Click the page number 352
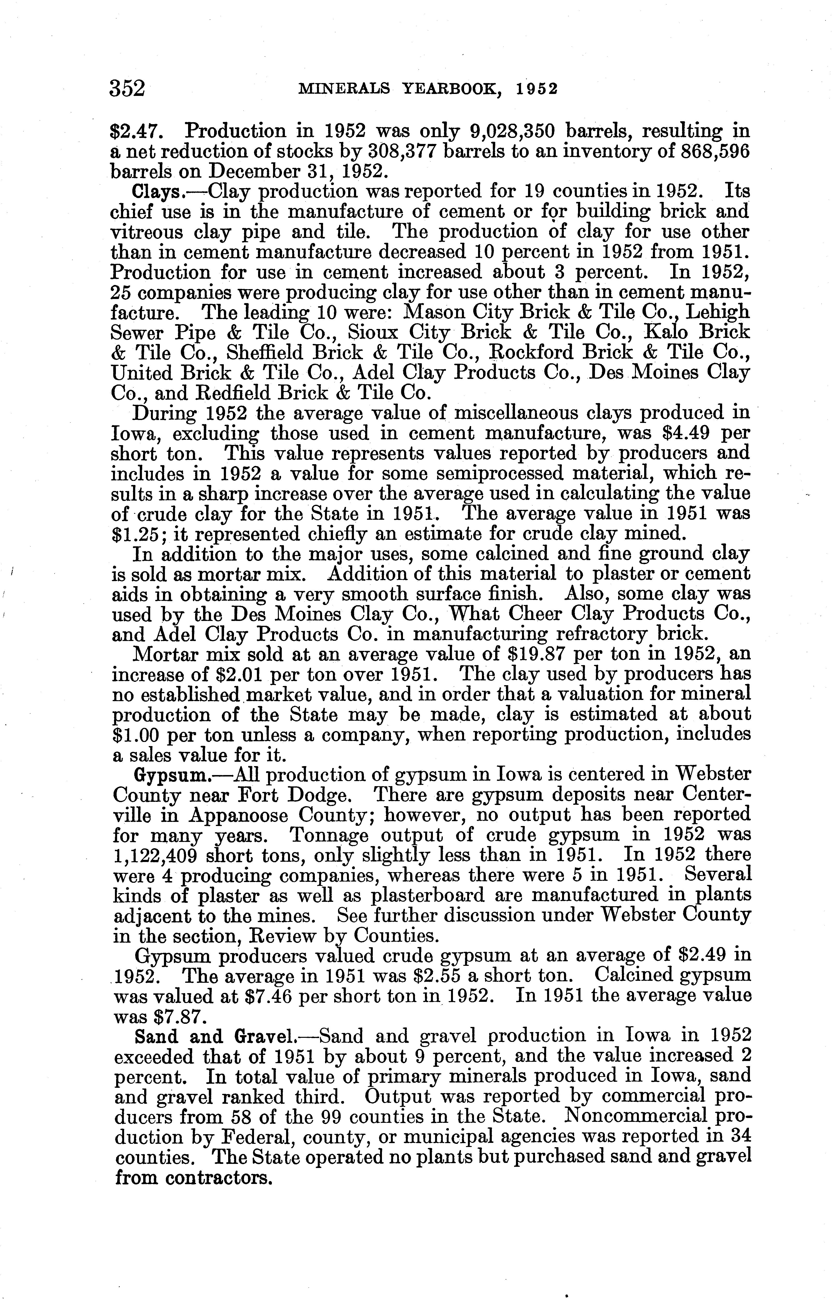point(128,88)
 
